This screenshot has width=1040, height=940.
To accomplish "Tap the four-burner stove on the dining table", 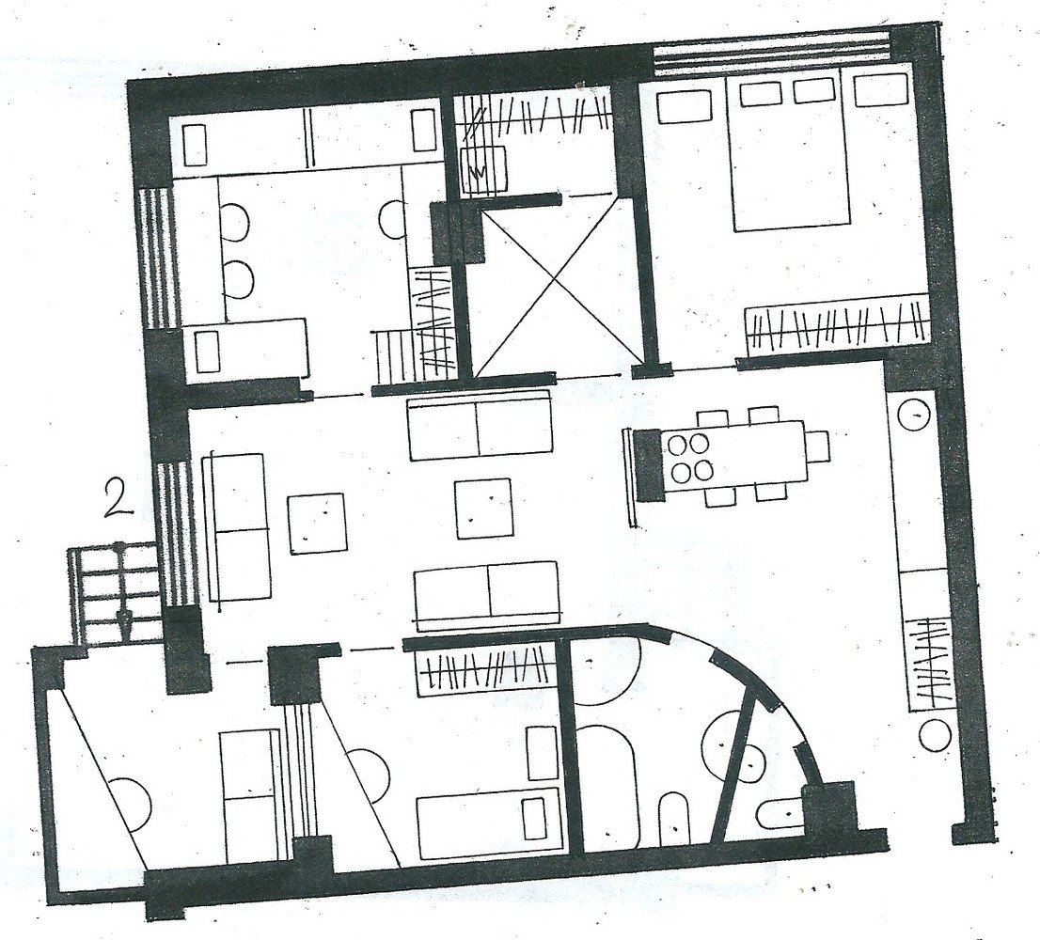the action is pos(689,458).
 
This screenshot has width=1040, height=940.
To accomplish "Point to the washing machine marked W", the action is pos(483,171).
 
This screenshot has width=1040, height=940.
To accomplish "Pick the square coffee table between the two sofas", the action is pos(483,509).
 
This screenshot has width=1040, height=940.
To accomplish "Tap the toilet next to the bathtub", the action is pos(674,818).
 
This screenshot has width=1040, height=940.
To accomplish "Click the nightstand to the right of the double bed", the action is pos(881,91).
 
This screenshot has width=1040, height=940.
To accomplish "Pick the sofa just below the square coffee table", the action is pos(487,595).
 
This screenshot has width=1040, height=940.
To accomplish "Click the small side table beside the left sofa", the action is pos(317,523).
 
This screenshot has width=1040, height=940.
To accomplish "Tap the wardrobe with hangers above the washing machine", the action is pos(535,116).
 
